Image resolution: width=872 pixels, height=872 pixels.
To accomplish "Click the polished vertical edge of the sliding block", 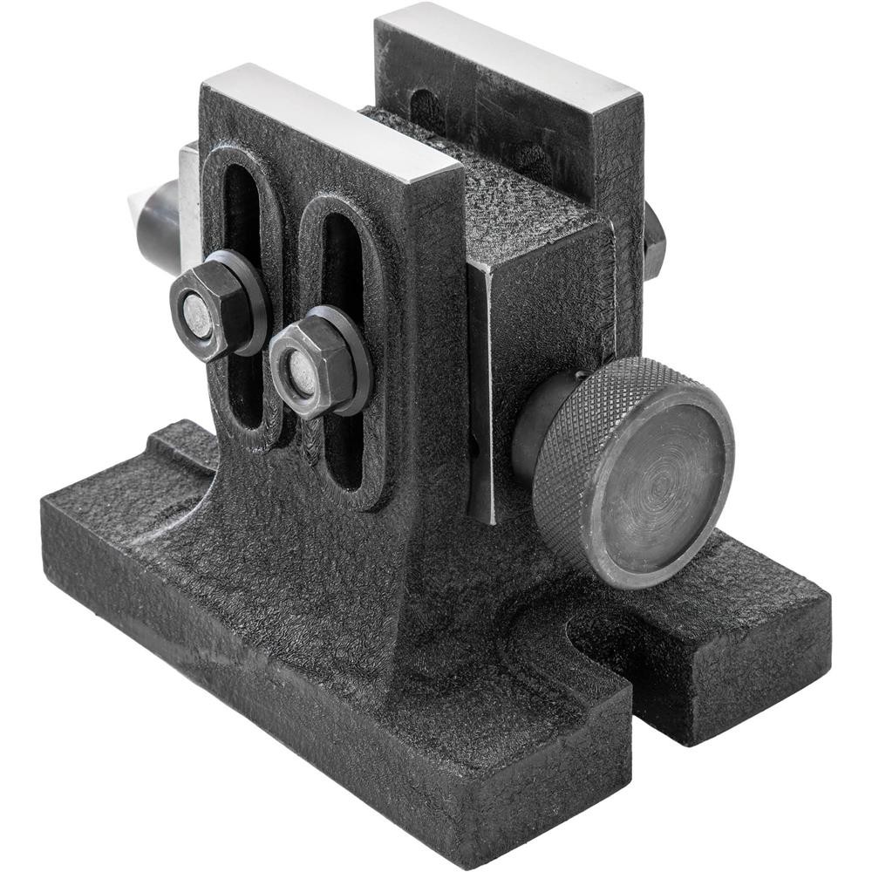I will point(482,392).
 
